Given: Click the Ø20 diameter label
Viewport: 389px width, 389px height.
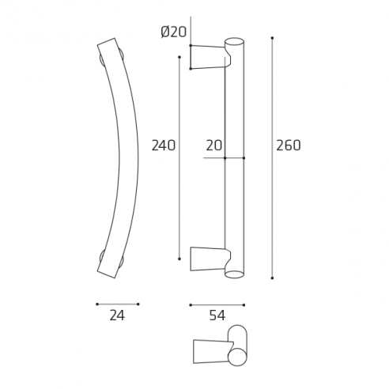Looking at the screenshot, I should click(x=173, y=32).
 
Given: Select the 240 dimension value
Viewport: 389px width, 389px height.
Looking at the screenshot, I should click(x=163, y=145).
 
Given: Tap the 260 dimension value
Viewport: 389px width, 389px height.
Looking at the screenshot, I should click(x=289, y=145).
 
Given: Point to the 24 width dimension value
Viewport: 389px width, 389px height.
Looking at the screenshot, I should click(x=117, y=315).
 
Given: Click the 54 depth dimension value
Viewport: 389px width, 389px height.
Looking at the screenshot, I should click(x=217, y=315).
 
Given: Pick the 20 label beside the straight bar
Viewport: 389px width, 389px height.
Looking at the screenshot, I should click(x=213, y=145).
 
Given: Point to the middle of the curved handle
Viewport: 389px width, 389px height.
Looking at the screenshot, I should click(x=130, y=156).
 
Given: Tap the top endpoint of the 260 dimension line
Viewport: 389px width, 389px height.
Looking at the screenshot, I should click(x=272, y=37).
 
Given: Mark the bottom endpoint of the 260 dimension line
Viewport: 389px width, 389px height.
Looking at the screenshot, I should click(x=272, y=278).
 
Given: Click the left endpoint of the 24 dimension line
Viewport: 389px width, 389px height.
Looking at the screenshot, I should click(x=96, y=304).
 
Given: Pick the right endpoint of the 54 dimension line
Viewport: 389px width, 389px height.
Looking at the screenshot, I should click(x=244, y=304).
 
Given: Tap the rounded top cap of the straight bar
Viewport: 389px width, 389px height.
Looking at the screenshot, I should click(x=235, y=40).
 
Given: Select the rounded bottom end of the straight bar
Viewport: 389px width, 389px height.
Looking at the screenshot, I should click(x=235, y=274).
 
